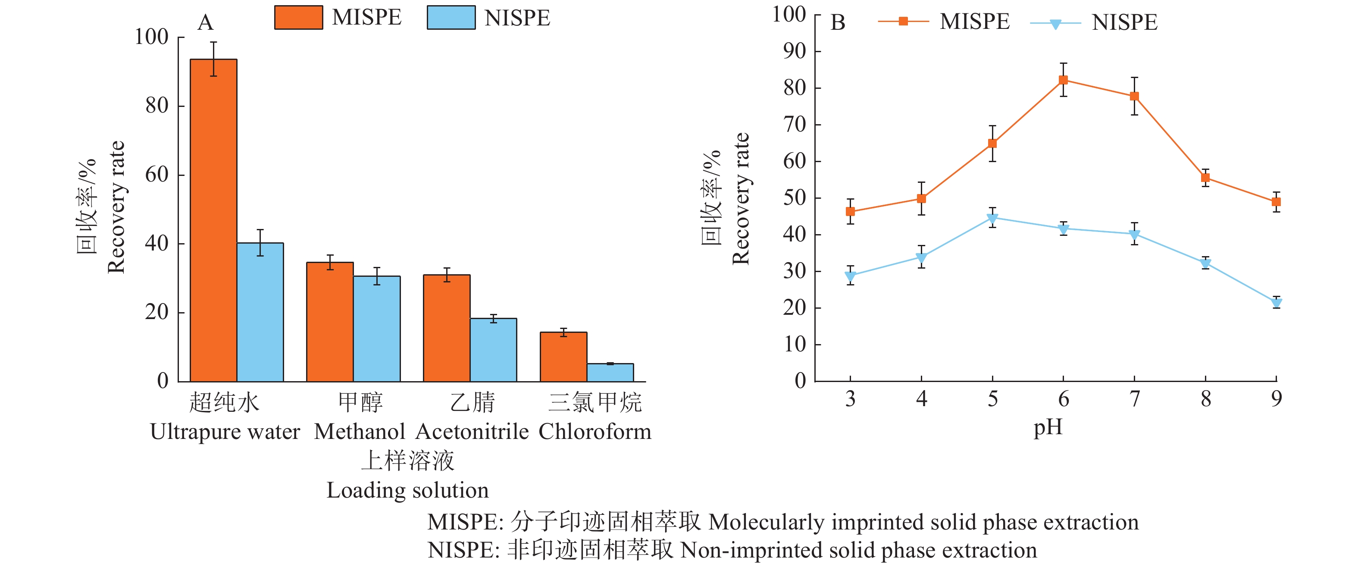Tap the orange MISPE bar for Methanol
(330, 322)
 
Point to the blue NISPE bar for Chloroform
(610, 373)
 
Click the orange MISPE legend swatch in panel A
(298, 17)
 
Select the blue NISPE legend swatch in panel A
(451, 17)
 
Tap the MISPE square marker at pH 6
(1063, 80)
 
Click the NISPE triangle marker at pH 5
(992, 218)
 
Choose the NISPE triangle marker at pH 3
(850, 276)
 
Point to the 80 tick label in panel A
(156, 106)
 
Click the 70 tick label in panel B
(795, 125)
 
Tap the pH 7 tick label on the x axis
(1135, 399)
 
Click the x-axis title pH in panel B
(1048, 428)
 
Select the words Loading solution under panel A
(407, 491)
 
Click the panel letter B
(838, 23)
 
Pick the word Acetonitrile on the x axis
(472, 432)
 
